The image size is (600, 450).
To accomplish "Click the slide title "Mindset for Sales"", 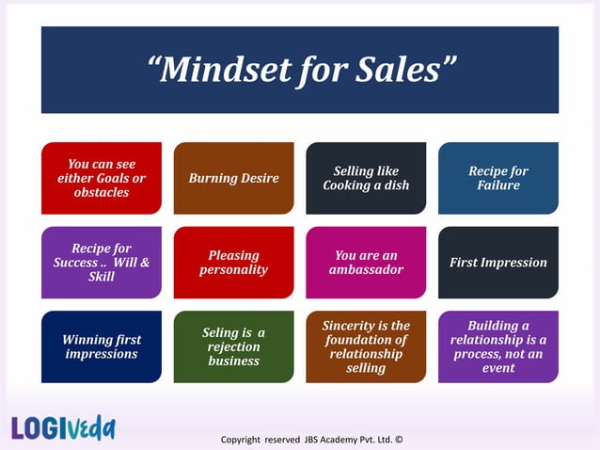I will [x=301, y=69].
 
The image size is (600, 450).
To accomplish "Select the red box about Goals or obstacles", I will [x=102, y=178].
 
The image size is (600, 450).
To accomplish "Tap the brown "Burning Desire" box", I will [x=234, y=178].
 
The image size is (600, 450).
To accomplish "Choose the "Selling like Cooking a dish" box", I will [x=366, y=178].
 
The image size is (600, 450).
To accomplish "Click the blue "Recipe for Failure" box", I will [x=497, y=178].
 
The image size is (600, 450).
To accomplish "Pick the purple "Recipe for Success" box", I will [x=102, y=263].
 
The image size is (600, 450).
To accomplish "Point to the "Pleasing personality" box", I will [x=234, y=263].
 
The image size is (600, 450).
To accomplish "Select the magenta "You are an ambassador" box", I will [x=366, y=263].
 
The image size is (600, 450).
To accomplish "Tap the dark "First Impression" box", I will [x=497, y=263].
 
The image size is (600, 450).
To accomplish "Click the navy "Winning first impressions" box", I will [x=102, y=346].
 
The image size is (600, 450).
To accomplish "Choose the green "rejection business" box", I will [x=234, y=346].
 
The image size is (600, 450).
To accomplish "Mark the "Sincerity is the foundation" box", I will [x=366, y=346].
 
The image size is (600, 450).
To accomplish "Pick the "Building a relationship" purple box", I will [x=497, y=346].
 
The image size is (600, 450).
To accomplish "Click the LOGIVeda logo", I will [x=64, y=427].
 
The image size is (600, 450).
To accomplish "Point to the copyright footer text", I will [x=310, y=439].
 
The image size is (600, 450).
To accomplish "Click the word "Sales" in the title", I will [x=400, y=69].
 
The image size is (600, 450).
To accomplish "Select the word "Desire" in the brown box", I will [x=259, y=178].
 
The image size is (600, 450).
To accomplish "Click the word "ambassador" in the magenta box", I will [x=366, y=270].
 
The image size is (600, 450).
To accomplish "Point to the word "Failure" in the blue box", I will [x=497, y=185].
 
